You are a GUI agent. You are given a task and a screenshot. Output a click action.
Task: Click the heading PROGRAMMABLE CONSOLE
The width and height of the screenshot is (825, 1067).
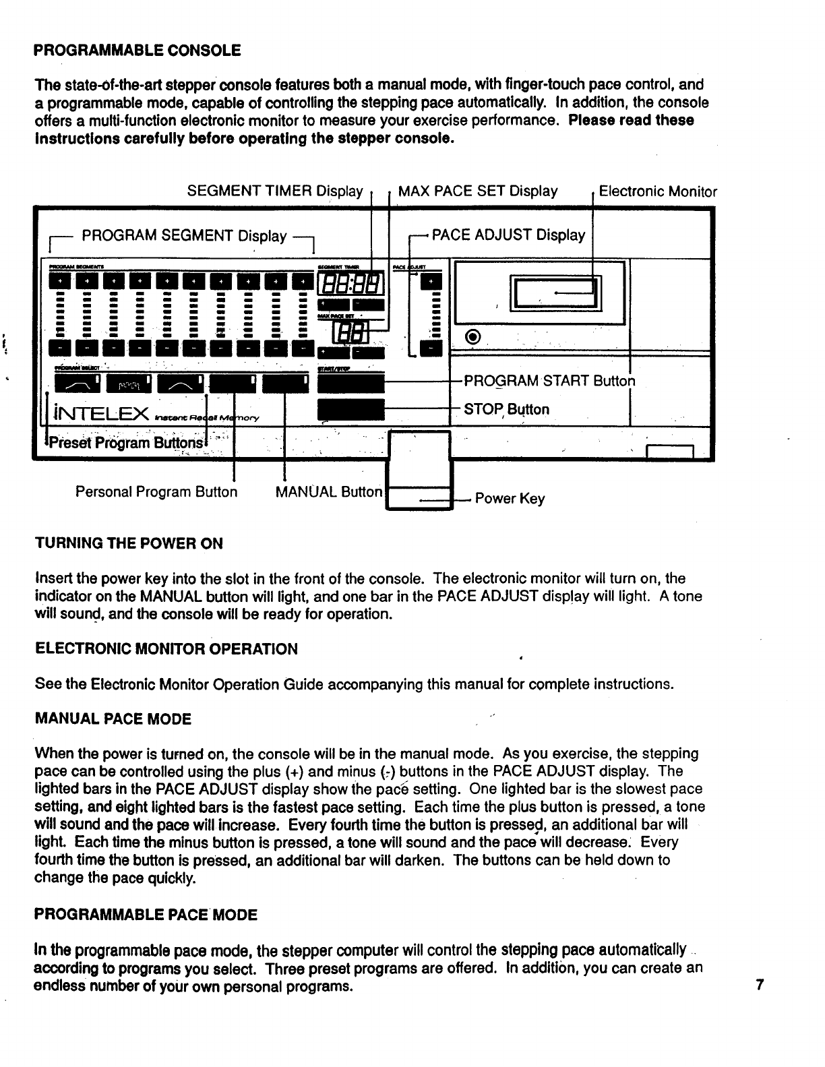pos(137,51)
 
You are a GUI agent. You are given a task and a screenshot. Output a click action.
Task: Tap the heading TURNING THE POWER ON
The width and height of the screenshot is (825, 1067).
pos(128,543)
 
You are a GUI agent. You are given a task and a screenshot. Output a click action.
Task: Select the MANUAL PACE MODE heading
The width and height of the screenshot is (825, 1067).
pos(113,719)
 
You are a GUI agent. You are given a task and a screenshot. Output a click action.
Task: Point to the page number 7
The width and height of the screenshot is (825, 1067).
pos(760,986)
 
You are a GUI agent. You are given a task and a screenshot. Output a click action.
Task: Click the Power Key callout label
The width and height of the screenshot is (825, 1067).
pos(510,499)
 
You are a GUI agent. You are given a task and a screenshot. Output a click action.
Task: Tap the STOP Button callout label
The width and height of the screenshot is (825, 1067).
pos(506,409)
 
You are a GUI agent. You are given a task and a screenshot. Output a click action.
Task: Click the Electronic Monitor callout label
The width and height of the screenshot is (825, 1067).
pos(658,192)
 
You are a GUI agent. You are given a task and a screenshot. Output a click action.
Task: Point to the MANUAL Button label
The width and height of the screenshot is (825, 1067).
pos(328,492)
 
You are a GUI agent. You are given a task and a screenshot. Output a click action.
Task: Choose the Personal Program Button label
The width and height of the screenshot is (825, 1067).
pos(156,492)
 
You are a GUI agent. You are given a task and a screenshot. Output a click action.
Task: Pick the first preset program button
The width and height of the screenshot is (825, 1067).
pos(74,384)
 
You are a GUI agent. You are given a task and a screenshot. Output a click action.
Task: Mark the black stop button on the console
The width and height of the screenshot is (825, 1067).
pos(350,409)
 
